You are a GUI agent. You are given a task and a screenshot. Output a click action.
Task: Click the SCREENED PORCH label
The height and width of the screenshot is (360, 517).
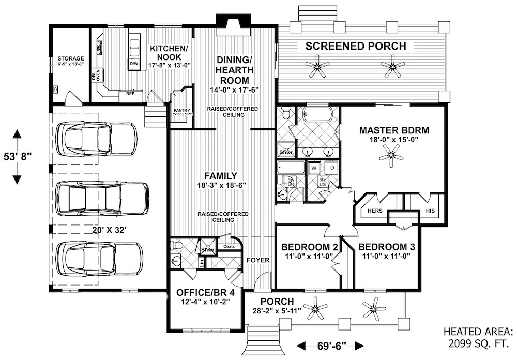356,46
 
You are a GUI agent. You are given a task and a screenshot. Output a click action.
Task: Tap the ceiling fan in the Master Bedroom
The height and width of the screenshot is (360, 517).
393,155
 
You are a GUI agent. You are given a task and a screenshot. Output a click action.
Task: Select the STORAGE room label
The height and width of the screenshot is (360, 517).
71,58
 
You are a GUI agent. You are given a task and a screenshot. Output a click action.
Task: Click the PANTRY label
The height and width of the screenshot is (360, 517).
182,110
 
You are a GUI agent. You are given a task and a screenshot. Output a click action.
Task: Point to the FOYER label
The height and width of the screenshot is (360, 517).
257,260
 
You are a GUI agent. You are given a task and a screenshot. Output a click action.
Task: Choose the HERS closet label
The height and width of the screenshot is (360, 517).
374,211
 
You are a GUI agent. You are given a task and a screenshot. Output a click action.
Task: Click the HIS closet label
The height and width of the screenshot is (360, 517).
431,211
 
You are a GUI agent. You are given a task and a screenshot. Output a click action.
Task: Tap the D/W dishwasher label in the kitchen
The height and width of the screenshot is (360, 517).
134,64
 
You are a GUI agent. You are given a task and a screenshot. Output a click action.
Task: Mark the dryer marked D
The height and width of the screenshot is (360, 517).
331,168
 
